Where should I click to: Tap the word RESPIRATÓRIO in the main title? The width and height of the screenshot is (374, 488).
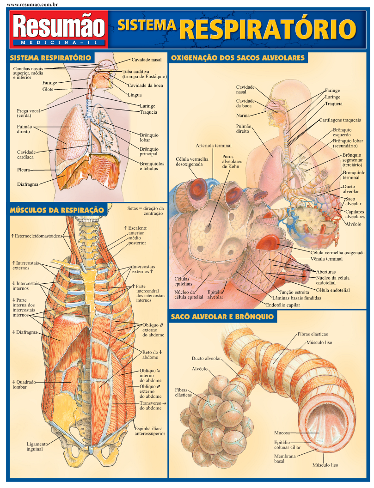click(x=268, y=29)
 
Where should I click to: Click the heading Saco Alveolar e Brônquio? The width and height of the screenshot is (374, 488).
click(x=222, y=317)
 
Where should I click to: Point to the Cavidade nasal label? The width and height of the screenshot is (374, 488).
click(x=146, y=60)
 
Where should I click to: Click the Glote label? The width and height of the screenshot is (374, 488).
click(x=48, y=89)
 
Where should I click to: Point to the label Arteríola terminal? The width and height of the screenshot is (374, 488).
click(x=213, y=146)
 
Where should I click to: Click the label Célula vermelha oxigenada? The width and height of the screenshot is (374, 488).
click(x=337, y=253)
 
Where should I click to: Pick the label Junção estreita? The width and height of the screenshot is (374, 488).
click(x=294, y=292)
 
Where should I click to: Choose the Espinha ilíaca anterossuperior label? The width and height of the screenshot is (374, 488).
click(x=149, y=431)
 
